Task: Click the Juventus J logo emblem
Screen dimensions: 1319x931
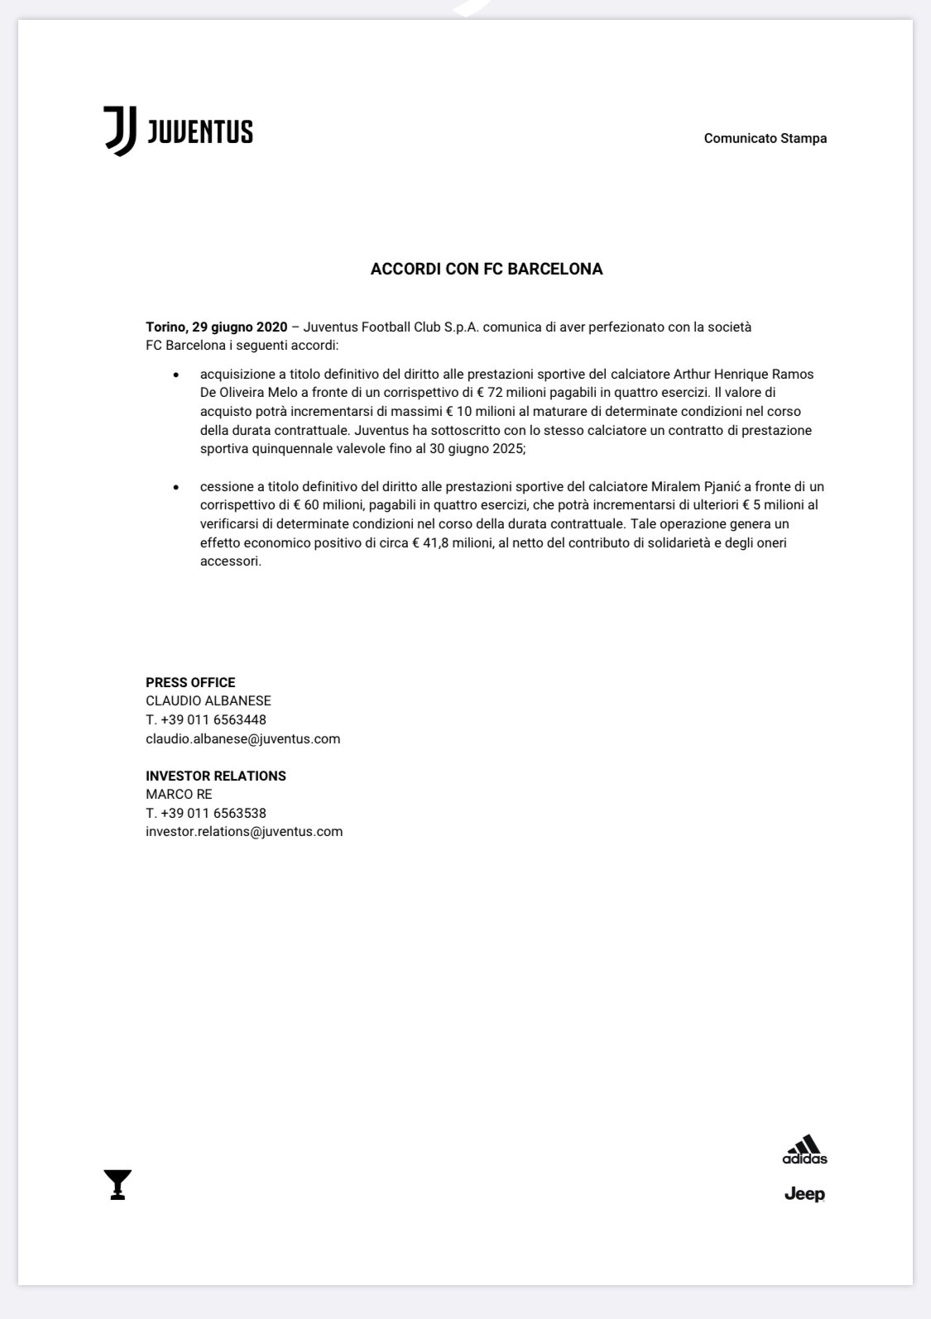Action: [119, 131]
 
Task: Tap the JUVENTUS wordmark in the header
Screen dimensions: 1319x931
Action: [199, 132]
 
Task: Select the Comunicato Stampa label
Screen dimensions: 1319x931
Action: [765, 138]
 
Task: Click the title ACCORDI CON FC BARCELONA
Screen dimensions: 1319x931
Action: [487, 269]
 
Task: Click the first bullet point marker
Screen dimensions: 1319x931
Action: [175, 375]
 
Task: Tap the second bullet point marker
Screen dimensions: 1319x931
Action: [175, 488]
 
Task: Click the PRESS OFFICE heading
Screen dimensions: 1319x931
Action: [190, 682]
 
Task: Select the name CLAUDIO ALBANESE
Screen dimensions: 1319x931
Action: [209, 701]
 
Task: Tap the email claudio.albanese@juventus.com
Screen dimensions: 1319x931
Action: [242, 738]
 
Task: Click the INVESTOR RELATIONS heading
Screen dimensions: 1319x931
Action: [216, 776]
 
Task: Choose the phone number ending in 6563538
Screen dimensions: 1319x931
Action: [206, 813]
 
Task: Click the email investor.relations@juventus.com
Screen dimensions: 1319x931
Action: [244, 831]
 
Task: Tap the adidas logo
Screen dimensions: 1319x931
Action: [804, 1149]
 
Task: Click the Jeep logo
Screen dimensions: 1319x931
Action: [804, 1194]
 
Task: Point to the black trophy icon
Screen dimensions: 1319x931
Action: [118, 1185]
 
